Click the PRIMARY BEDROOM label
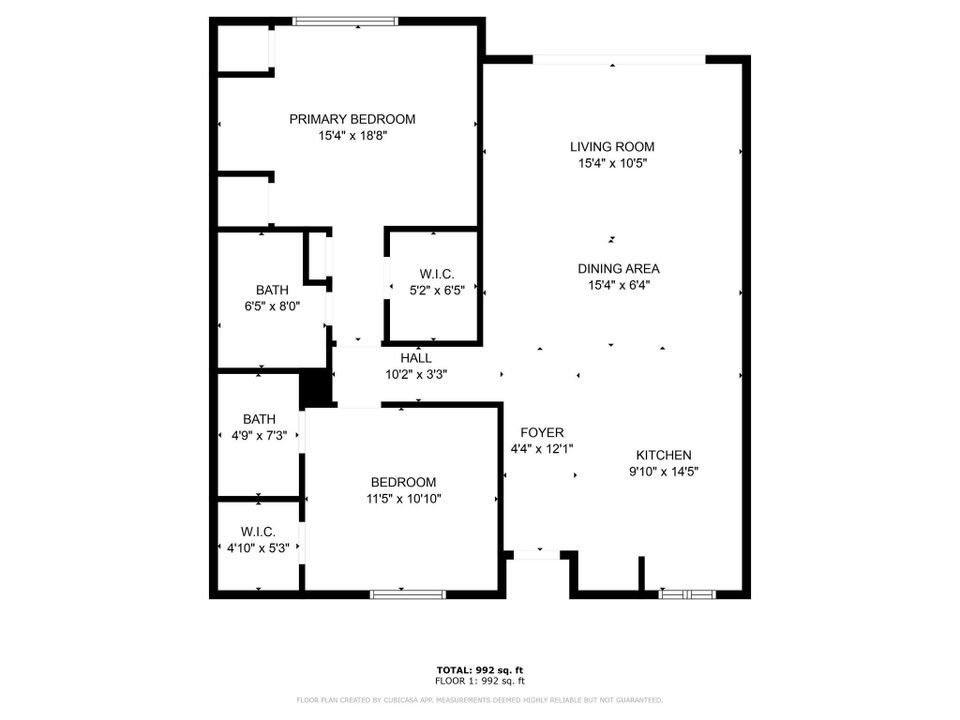tap(352, 119)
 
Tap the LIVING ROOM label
tap(612, 147)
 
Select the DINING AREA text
tap(618, 268)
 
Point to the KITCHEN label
tap(663, 455)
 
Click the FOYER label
tap(541, 432)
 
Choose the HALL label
tap(416, 358)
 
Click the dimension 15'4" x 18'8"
tap(352, 136)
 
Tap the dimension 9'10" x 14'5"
tap(663, 471)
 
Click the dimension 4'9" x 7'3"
tap(258, 435)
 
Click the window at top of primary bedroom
tap(331, 21)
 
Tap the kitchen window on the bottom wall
tap(687, 594)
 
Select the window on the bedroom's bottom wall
tap(407, 594)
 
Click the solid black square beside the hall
tap(316, 388)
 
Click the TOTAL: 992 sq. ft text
tap(480, 670)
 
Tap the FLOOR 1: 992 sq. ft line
tap(480, 680)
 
